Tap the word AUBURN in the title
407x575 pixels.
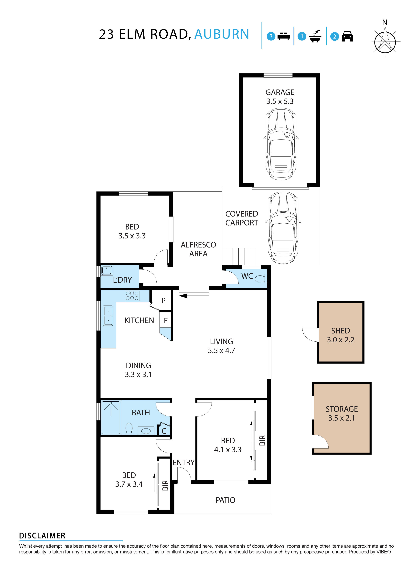point(222,34)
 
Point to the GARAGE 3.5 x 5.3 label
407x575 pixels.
point(280,97)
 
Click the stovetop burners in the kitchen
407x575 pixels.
point(132,296)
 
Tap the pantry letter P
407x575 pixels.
point(163,300)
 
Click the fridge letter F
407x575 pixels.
point(166,321)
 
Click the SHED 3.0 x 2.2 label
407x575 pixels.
point(340,335)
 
